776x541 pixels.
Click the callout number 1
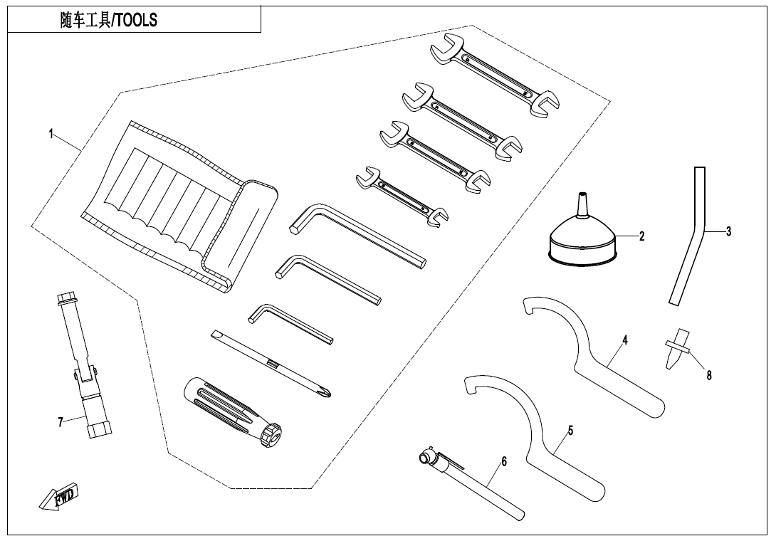[x=51, y=135]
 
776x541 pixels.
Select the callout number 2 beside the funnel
[x=641, y=237]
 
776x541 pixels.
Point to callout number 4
[x=624, y=340]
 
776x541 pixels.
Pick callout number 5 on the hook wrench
[x=570, y=431]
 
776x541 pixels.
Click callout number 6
[x=504, y=461]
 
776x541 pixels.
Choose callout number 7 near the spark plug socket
[x=61, y=421]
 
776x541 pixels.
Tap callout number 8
[x=709, y=376]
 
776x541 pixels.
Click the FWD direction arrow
[x=60, y=496]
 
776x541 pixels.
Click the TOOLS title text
[x=108, y=21]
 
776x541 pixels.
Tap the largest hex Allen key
[x=356, y=234]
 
